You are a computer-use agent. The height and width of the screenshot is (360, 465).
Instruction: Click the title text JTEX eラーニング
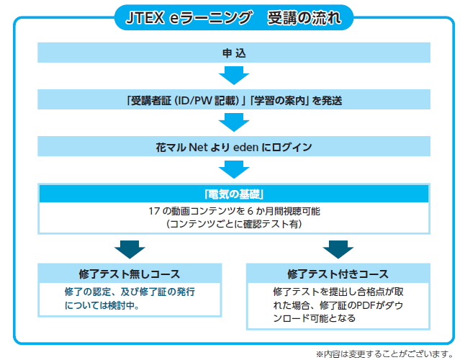tap(189, 18)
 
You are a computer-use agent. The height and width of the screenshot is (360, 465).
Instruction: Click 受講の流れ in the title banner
tap(304, 18)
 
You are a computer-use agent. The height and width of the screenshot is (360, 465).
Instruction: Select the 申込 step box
tap(234, 53)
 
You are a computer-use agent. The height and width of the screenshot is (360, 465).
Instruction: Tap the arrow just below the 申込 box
tap(234, 76)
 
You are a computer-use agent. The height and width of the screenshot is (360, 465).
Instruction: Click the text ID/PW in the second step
tap(194, 101)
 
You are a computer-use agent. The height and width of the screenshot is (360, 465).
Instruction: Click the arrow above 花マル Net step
tap(234, 122)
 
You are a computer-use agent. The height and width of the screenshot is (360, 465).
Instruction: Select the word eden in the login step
tap(246, 148)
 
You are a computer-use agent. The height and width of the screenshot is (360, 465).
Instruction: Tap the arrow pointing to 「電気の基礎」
tap(234, 169)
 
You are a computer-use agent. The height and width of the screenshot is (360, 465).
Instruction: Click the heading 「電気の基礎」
tap(234, 194)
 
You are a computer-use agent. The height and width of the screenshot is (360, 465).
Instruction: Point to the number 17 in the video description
tap(154, 211)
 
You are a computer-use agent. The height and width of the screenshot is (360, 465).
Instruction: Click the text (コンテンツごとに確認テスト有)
tap(234, 224)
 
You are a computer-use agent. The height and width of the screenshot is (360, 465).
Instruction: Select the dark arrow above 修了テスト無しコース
tap(130, 249)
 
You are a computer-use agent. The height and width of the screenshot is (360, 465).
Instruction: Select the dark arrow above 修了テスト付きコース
tap(338, 249)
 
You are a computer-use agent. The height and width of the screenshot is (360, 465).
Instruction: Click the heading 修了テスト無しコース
tap(130, 274)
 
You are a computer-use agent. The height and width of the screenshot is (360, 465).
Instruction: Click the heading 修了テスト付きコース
tap(338, 274)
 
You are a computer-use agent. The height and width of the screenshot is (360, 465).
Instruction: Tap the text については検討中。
tap(102, 305)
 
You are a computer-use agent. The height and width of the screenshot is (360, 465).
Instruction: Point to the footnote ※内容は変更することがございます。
tap(384, 354)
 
